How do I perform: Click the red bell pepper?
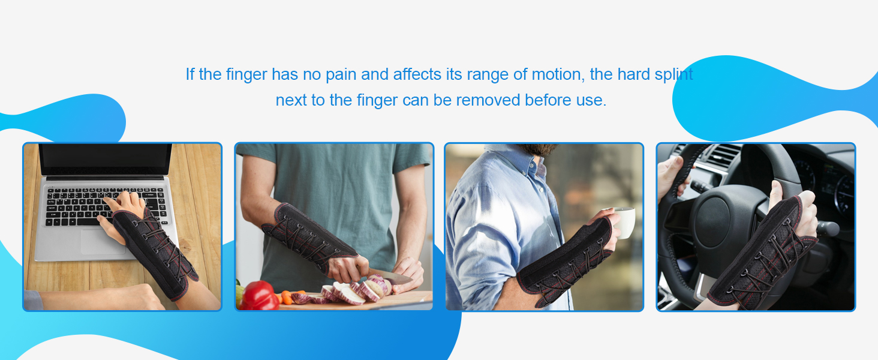(x=259, y=295)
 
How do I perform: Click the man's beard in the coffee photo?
(x=539, y=151)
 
